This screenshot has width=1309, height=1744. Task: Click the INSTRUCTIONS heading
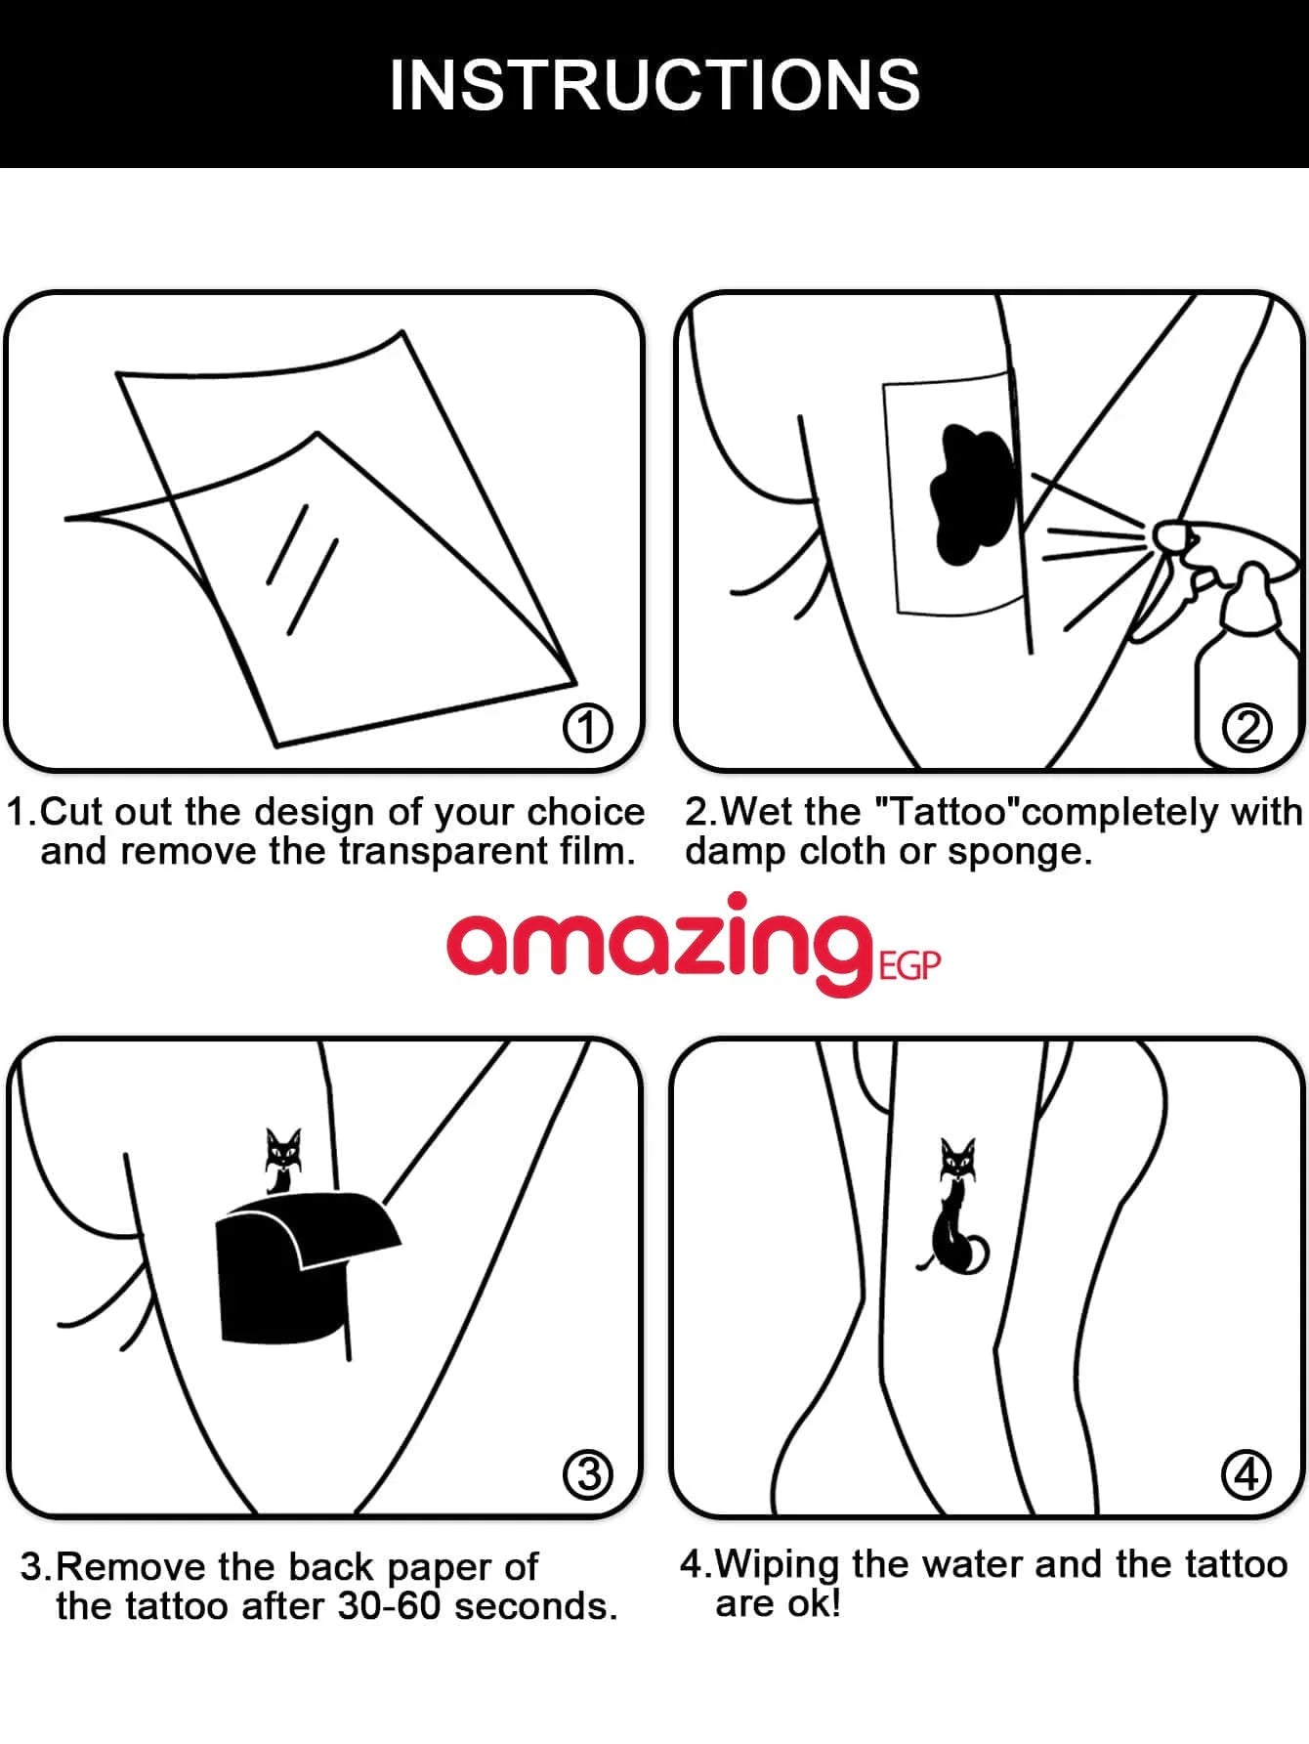654,85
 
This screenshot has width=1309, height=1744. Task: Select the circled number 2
1247,729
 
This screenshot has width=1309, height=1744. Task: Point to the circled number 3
588,1474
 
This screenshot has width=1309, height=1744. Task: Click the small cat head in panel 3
283,1154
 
